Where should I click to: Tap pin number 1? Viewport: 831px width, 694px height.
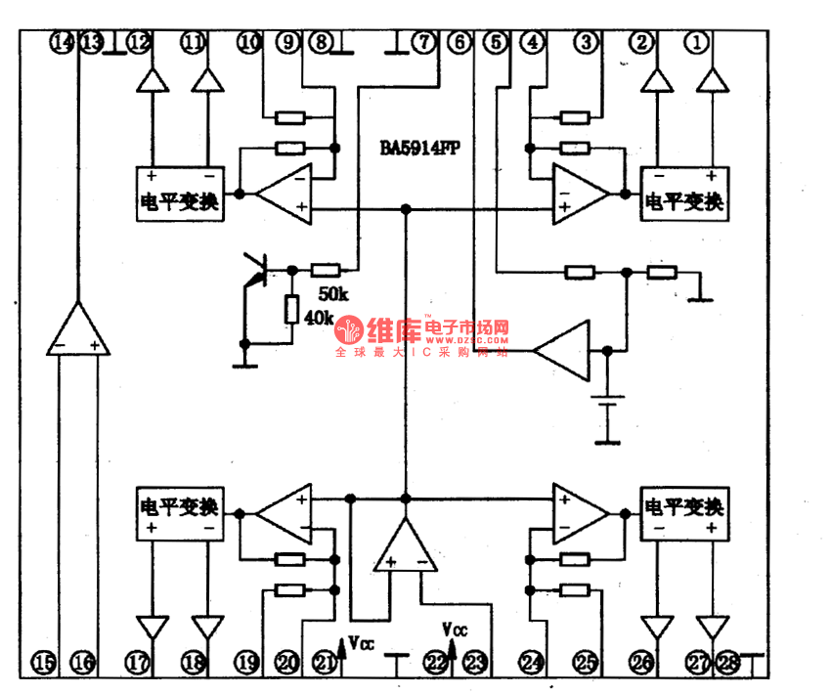tap(697, 42)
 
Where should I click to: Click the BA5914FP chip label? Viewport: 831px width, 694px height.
tap(420, 150)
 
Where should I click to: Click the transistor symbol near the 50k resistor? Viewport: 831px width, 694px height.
tap(256, 271)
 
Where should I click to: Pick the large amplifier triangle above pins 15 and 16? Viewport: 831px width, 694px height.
tap(78, 330)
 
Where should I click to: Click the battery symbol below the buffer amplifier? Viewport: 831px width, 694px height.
tap(611, 405)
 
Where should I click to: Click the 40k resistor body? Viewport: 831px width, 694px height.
tap(290, 310)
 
